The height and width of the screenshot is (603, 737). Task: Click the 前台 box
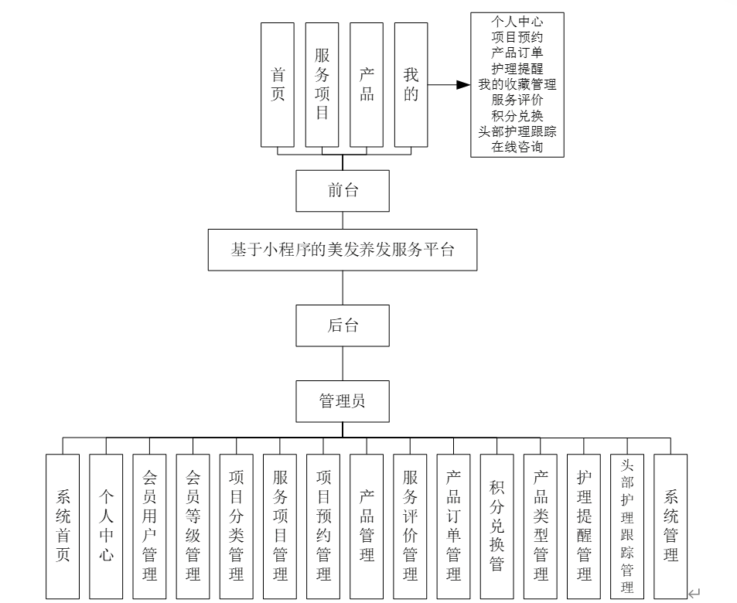[x=343, y=190]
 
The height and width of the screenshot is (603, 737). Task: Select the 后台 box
[x=343, y=325]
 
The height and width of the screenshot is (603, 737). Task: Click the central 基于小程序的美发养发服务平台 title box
[x=343, y=250]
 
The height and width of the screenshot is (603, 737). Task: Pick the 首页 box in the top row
[x=278, y=84]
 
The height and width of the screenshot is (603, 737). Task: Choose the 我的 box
[x=411, y=84]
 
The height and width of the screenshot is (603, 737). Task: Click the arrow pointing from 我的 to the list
[x=449, y=84]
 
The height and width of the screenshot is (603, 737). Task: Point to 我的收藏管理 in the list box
[x=517, y=84]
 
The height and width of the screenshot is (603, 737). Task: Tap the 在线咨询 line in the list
[x=517, y=147]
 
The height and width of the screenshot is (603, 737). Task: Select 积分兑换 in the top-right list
[x=517, y=116]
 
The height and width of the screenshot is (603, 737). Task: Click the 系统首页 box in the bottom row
[x=63, y=526]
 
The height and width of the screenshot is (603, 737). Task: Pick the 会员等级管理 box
[x=193, y=526]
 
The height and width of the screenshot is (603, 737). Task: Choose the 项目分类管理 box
[x=236, y=526]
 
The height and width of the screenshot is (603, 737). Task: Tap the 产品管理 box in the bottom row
[x=367, y=526]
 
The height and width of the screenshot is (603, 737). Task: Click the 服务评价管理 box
[x=410, y=526]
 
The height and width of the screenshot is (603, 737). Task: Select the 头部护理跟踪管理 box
[x=627, y=526]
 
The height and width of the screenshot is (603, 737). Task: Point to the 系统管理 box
[x=670, y=526]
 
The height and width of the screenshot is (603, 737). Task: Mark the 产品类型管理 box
[x=541, y=526]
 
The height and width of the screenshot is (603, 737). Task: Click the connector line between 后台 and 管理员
[x=343, y=363]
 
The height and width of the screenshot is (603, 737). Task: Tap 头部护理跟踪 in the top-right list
[x=517, y=131]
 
